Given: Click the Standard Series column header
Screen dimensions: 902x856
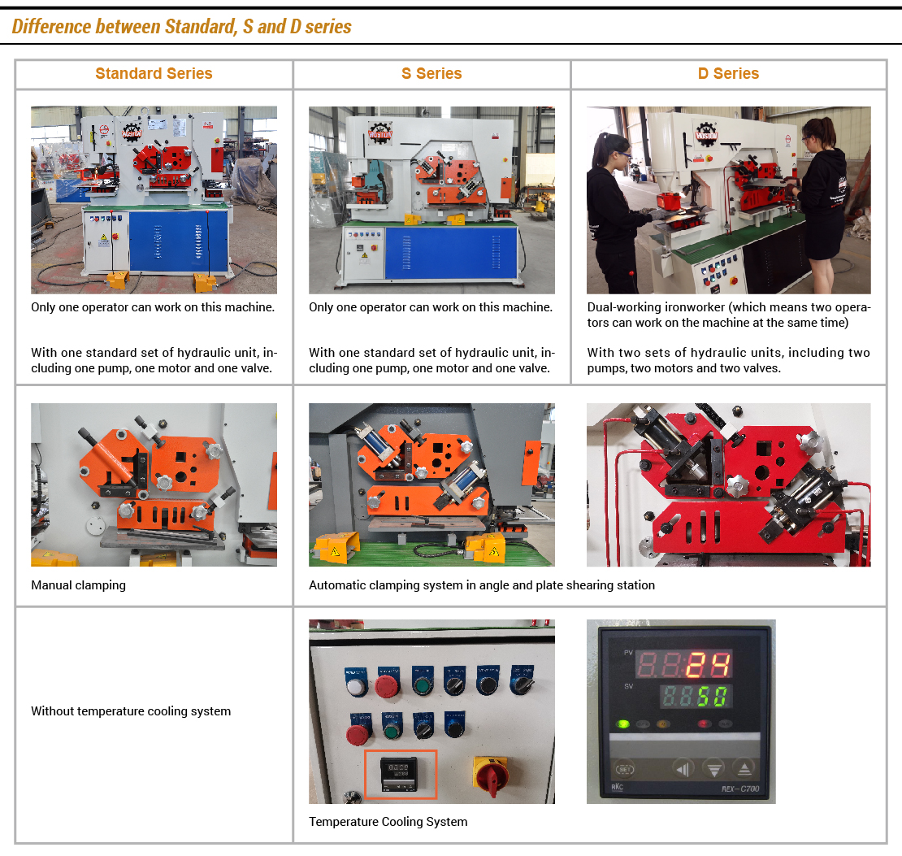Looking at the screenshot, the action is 154,74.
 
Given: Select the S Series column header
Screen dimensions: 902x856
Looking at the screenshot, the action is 431,74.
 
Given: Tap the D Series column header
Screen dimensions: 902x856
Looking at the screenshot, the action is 728,74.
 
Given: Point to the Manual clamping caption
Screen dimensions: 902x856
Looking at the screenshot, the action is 78,584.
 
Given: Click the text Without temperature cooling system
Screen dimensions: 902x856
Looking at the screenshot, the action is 131,711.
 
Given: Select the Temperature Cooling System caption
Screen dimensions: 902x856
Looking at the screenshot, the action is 388,822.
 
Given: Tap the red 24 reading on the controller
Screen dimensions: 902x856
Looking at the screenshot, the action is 708,665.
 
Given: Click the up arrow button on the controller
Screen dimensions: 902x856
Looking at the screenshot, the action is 744,768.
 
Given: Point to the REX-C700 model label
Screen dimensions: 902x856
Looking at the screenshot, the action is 740,789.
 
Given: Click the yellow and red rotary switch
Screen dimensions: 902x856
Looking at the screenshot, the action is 491,774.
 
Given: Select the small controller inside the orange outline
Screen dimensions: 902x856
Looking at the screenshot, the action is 399,773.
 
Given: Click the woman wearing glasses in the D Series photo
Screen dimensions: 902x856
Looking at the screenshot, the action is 614,213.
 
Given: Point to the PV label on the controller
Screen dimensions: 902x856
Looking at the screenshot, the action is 628,653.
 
